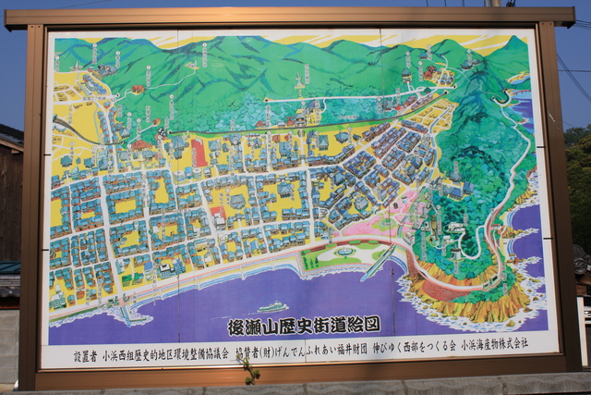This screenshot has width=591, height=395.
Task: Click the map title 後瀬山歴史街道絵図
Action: coord(304,326)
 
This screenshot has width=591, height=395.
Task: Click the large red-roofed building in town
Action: coord(200,153)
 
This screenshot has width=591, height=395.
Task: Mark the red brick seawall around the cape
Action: coord(434,287)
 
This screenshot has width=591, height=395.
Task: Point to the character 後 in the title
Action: coord(235,327)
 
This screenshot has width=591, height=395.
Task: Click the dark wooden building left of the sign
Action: coord(9,213)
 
